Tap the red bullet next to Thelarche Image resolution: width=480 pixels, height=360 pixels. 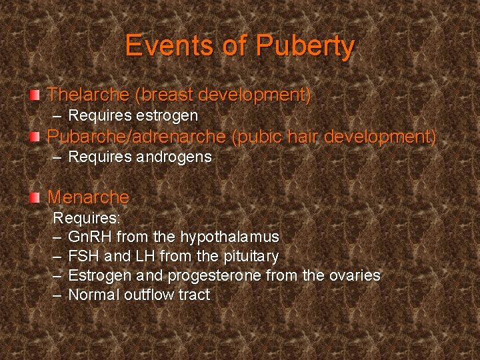click(x=36, y=95)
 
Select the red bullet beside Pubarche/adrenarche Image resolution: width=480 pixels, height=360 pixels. click(x=36, y=137)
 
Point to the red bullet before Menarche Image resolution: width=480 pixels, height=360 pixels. click(x=36, y=197)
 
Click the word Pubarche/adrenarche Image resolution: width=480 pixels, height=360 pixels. click(x=137, y=137)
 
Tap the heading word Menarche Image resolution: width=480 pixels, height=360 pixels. click(x=89, y=197)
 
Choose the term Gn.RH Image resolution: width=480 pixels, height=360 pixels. click(x=90, y=237)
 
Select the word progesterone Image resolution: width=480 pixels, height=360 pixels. click(x=214, y=275)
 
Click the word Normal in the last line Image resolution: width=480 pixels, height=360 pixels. click(x=94, y=295)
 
